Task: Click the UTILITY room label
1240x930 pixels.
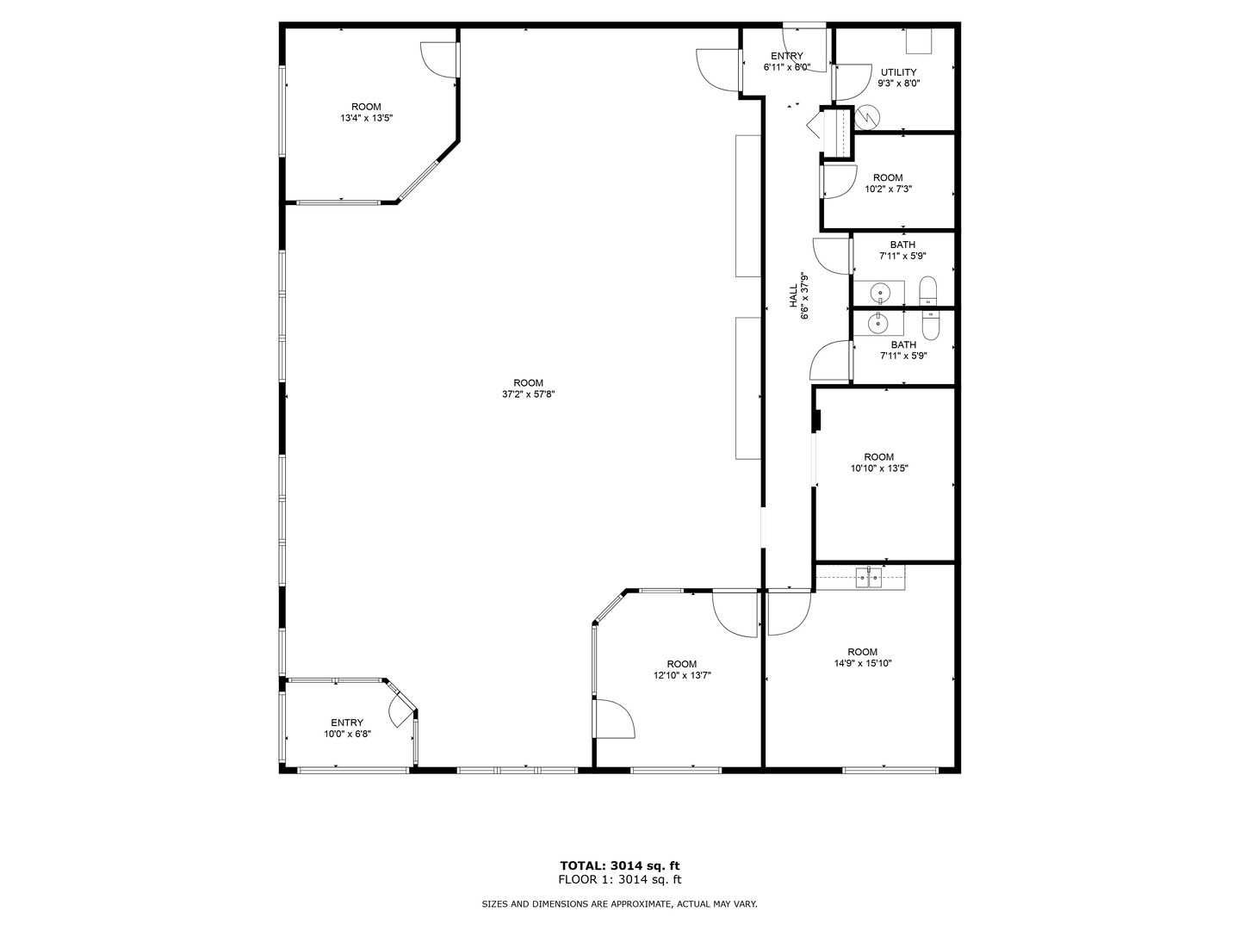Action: tap(898, 72)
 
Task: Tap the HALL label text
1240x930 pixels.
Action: tap(793, 296)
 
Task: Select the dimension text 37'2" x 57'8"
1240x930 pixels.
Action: tap(529, 394)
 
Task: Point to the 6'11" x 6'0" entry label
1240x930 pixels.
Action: tap(787, 67)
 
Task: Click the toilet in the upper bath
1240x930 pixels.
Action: tap(928, 291)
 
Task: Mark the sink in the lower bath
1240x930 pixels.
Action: tap(878, 323)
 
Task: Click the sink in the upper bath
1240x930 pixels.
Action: tap(881, 293)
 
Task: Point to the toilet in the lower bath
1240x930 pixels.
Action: tap(931, 323)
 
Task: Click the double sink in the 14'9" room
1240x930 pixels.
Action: tap(869, 578)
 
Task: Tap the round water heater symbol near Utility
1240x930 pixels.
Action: tap(867, 116)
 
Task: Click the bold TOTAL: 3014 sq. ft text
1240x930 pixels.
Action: tap(620, 865)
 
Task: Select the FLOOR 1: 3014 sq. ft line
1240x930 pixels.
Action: tap(620, 880)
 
